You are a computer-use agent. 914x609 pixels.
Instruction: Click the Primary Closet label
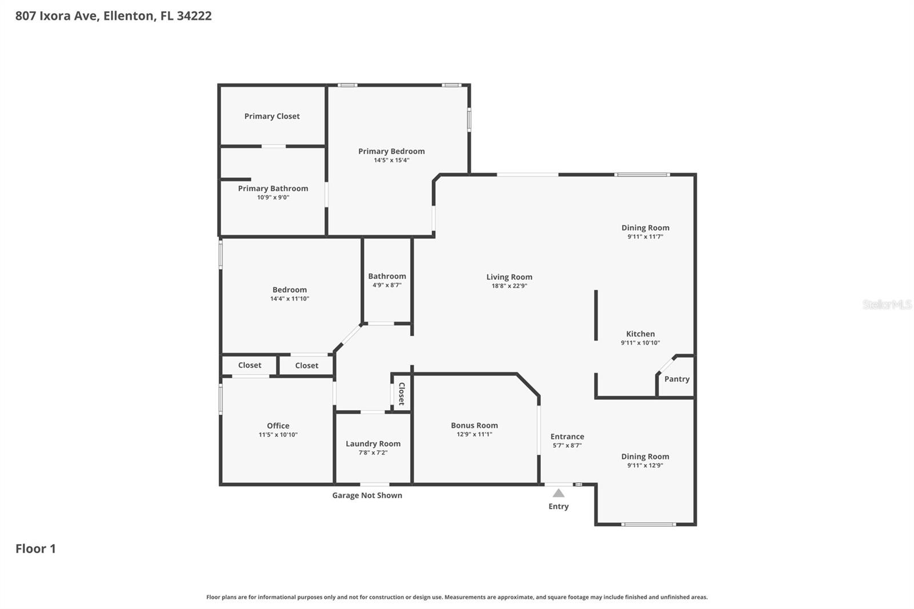[272, 116]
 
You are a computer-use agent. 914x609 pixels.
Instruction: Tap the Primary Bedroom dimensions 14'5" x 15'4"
[391, 161]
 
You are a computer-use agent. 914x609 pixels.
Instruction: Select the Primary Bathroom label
[273, 188]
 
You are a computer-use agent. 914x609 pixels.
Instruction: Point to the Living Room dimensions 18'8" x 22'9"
[509, 286]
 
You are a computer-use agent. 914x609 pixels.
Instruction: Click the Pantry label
[677, 379]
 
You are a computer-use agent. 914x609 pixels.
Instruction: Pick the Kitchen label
[640, 334]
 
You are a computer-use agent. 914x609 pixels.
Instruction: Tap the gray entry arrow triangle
[559, 493]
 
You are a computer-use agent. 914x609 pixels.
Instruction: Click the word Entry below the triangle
[559, 506]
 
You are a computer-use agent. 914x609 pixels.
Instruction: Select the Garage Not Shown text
[367, 495]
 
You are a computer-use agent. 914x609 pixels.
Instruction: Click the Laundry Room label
[373, 443]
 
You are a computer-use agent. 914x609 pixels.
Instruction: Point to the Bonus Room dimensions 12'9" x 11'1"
[474, 434]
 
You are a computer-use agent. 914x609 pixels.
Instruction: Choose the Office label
[278, 426]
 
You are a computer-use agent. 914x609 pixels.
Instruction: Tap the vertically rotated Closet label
[402, 394]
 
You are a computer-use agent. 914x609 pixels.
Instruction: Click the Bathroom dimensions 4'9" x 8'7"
[387, 285]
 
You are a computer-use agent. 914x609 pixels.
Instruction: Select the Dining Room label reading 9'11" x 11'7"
[646, 227]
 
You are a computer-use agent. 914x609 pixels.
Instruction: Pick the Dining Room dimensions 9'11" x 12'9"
[646, 466]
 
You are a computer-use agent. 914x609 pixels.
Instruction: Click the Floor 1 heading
[35, 548]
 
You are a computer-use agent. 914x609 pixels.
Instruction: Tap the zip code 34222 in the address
[194, 15]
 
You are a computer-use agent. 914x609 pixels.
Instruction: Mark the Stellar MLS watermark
[887, 304]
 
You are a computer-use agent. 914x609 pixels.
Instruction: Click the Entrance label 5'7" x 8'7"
[567, 436]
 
